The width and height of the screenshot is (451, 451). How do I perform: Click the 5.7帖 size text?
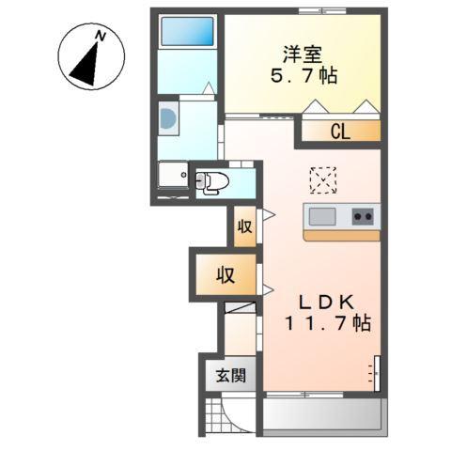click(308, 75)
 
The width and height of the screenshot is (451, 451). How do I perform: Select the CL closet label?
click(339, 132)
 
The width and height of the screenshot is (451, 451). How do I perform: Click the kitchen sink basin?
click(322, 216)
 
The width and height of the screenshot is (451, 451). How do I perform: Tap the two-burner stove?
click(362, 216)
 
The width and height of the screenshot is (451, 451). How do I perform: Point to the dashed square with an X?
click(322, 178)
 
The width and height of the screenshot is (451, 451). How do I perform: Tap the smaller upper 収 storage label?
click(244, 226)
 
